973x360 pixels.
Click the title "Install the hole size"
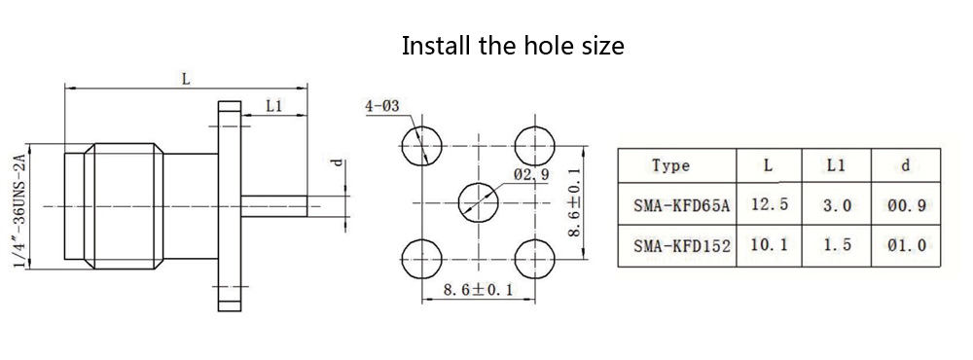pos(513,46)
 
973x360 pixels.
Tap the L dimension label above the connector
pos(186,80)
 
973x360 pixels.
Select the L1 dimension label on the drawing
pos(274,106)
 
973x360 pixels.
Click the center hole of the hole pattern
pos(478,203)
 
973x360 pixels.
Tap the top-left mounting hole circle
pos(422,147)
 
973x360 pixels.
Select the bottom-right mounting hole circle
pos(534,258)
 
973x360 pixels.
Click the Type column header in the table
pos(670,165)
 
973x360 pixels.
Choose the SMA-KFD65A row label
pos(682,205)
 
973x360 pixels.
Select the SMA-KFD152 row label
pos(682,246)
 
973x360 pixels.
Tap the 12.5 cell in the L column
pos(770,205)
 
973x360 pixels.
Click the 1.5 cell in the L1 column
pos(837,246)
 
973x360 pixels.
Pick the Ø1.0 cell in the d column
pos(907,246)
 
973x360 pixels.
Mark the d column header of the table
pos(906,165)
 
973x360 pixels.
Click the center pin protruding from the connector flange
pos(274,206)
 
